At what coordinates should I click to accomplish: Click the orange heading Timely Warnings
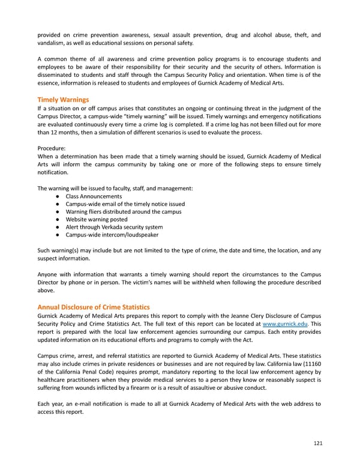tap(63, 99)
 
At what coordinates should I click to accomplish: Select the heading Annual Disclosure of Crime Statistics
tap(94, 307)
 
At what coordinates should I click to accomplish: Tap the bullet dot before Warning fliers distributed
tap(55, 212)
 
